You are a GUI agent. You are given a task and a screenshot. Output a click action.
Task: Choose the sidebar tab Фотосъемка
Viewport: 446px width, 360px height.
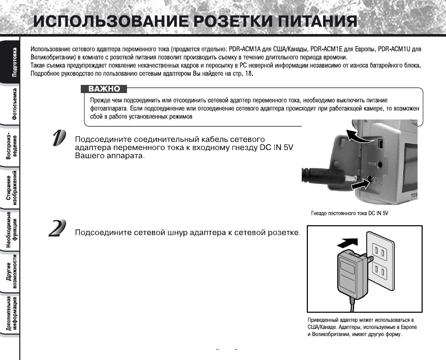click(10, 105)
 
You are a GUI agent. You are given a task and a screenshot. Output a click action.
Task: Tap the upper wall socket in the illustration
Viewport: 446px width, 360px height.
click(379, 250)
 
